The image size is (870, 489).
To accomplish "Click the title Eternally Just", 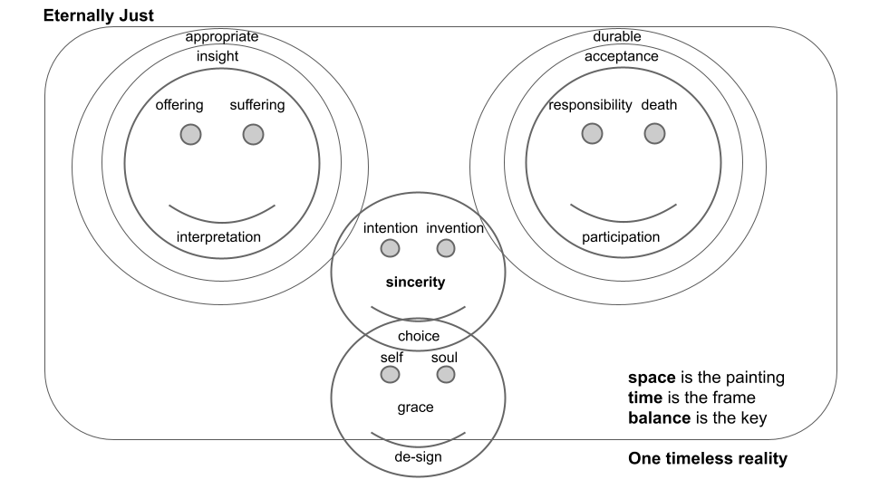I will point(100,15).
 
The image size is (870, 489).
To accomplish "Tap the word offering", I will point(179,105).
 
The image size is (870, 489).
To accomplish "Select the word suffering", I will point(256,105).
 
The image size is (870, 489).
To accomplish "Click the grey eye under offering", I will point(189,134).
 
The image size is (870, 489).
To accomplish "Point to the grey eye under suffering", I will point(253,134).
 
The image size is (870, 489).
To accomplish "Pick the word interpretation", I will point(218,237).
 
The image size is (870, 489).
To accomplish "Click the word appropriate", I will point(222,37).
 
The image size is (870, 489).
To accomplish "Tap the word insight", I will point(217,56).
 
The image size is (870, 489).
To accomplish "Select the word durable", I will point(616,37).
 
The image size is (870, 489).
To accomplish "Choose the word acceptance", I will point(621,56).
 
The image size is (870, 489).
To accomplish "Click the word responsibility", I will point(590,105).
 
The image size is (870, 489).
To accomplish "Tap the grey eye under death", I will point(654,134).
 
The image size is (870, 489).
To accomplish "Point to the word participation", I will point(621,237).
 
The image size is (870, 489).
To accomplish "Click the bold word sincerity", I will point(416,283).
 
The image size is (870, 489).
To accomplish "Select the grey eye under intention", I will point(390,248).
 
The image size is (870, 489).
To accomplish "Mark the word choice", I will point(419,336).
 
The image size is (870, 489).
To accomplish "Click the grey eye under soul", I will point(445,374).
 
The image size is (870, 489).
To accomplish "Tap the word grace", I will point(416,407).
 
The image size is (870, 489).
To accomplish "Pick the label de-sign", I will point(419,456).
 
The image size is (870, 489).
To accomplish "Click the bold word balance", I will point(657,418).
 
